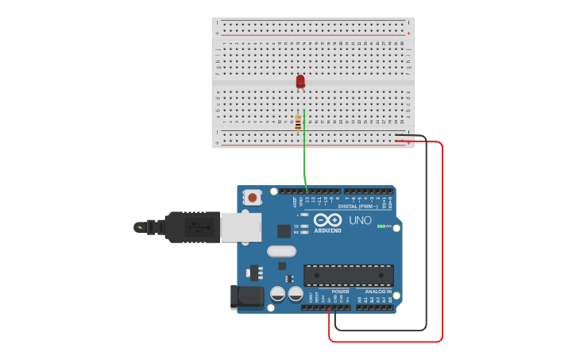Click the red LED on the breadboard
tap(300, 81)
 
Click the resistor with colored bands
tap(298, 122)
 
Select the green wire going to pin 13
tap(304, 159)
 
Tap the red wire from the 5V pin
tap(441, 238)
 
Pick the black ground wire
tap(427, 238)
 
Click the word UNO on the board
tap(360, 220)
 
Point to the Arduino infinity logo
tap(327, 220)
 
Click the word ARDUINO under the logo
tap(327, 231)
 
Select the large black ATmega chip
tap(349, 275)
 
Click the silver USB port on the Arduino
tap(240, 227)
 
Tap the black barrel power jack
tap(245, 296)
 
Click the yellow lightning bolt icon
tap(141, 228)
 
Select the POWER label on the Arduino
tap(340, 292)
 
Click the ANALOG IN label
tap(377, 292)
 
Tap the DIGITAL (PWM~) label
tap(358, 206)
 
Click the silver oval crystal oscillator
tap(281, 251)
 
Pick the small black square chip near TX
tap(284, 231)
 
